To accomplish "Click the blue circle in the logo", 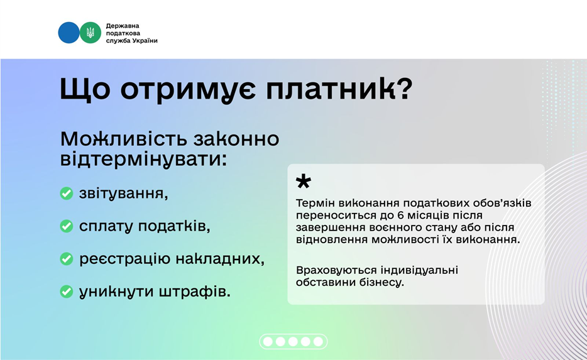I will click(x=69, y=33).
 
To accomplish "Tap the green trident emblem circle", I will click(x=91, y=33).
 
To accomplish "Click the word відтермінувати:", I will click(x=144, y=159).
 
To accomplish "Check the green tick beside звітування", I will click(x=66, y=194).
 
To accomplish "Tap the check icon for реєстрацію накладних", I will click(x=66, y=259).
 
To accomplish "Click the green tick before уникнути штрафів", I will click(x=66, y=292).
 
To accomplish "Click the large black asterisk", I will click(x=304, y=183).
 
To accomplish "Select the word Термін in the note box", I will click(x=315, y=204).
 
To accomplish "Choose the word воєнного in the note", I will click(x=378, y=227).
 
